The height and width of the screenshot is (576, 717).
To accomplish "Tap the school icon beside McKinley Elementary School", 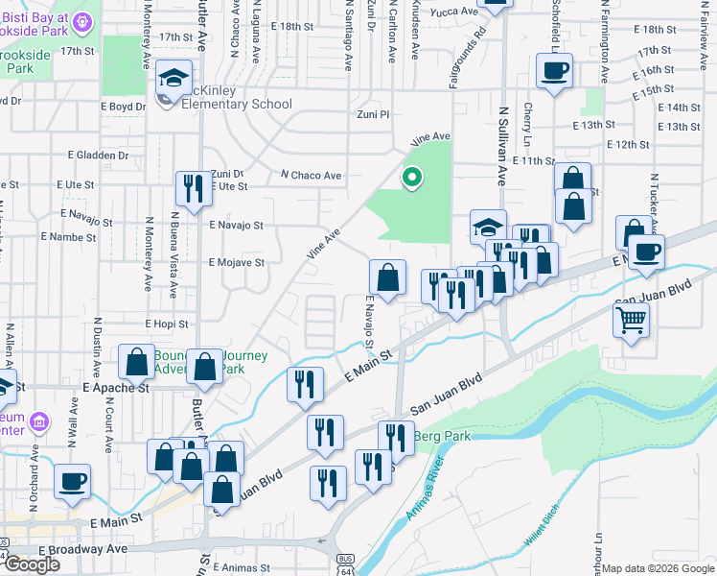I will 173,79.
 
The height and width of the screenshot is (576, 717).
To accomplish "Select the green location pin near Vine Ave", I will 412,178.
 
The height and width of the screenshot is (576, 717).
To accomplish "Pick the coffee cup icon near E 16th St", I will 555,72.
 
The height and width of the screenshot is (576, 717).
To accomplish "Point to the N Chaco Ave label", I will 311,176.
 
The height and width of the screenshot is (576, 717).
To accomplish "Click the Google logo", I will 33,564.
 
